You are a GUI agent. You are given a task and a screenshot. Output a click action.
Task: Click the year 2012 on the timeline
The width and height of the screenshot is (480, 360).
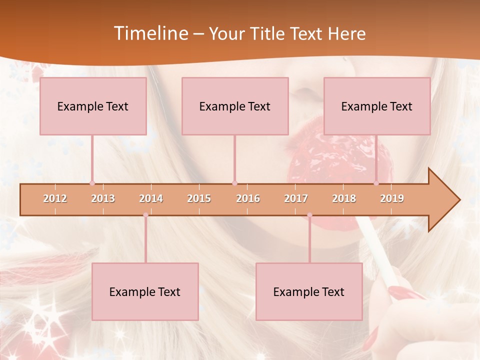pyautogui.click(x=55, y=198)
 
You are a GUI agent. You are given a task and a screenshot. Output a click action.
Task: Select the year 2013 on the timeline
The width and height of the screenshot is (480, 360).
pyautogui.click(x=103, y=198)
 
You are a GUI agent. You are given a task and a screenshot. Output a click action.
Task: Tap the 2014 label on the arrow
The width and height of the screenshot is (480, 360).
pyautogui.click(x=151, y=198)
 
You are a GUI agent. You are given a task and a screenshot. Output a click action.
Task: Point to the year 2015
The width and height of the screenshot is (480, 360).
pyautogui.click(x=199, y=198)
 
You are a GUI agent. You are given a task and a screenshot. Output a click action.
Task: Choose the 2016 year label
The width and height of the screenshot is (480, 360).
pyautogui.click(x=248, y=198)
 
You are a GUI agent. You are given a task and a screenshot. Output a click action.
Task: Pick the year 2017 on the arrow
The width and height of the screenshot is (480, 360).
pyautogui.click(x=296, y=198)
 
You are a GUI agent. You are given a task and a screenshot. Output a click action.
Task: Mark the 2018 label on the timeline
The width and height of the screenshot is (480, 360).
pyautogui.click(x=344, y=198)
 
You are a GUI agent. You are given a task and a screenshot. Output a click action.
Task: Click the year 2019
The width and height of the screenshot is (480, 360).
pyautogui.click(x=392, y=198)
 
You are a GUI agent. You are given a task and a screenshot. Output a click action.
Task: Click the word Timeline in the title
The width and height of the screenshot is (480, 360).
pyautogui.click(x=150, y=33)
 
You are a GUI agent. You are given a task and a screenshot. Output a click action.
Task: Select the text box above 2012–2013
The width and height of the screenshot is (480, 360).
pyautogui.click(x=93, y=106)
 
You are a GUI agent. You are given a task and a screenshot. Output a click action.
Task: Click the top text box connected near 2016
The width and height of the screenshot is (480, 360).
pyautogui.click(x=235, y=106)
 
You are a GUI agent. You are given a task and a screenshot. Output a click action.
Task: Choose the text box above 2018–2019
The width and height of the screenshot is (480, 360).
pyautogui.click(x=377, y=106)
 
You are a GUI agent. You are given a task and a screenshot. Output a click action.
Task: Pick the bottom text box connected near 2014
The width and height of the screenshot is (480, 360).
pyautogui.click(x=145, y=291)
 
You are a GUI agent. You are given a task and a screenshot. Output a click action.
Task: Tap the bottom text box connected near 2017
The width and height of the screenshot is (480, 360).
pyautogui.click(x=309, y=291)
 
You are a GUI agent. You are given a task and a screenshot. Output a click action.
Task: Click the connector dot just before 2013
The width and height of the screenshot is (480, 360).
pyautogui.click(x=92, y=183)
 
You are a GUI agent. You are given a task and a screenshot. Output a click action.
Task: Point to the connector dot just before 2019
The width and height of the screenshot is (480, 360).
pyautogui.click(x=376, y=183)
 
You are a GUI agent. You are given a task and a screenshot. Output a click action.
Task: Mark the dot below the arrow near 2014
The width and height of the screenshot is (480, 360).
pyautogui.click(x=145, y=215)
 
